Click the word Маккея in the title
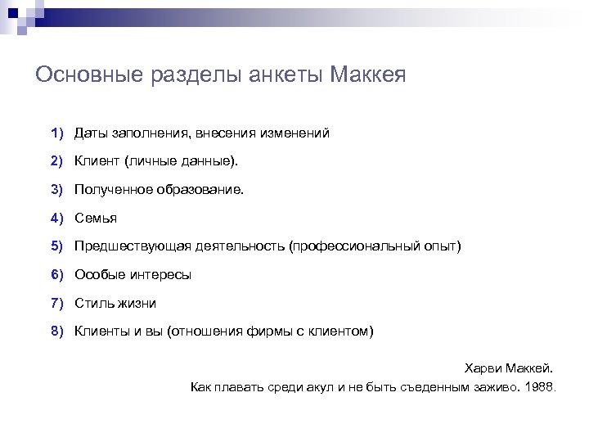(368, 75)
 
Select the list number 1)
(56, 133)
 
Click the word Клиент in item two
(97, 161)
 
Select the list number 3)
(56, 189)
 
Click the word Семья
(96, 218)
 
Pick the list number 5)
(56, 246)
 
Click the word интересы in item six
(163, 274)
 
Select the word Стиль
(93, 303)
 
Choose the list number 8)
(56, 331)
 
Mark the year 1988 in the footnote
(540, 386)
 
